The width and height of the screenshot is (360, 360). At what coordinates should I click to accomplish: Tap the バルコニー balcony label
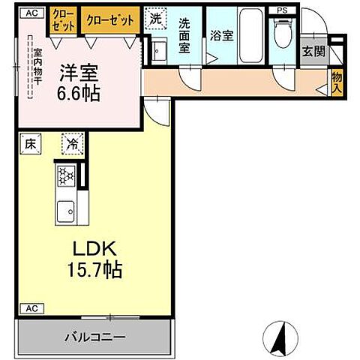(x=94, y=337)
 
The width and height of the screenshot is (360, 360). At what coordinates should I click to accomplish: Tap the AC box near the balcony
(x=31, y=308)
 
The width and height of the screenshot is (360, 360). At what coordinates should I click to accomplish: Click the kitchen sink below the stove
(x=64, y=212)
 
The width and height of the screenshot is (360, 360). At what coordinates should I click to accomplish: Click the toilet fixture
(x=283, y=33)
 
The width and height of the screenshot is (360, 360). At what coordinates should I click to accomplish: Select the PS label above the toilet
(x=281, y=10)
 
